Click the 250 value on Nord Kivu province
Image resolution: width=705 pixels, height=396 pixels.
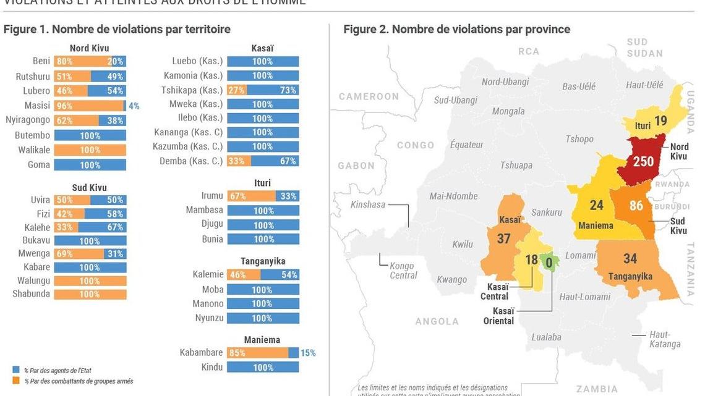point(643,162)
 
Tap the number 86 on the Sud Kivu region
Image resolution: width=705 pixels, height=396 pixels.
point(636,205)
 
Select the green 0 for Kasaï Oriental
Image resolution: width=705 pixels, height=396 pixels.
point(549,262)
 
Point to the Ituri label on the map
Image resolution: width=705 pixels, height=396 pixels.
point(643,126)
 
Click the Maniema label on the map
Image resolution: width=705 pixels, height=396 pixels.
point(596,225)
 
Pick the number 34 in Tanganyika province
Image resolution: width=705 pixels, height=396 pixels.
point(630,258)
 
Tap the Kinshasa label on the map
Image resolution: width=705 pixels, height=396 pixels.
point(367,205)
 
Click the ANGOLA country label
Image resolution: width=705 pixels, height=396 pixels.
point(437,321)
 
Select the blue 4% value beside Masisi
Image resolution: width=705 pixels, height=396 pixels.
point(134,106)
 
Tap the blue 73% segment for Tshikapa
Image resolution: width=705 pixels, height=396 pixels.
point(271,90)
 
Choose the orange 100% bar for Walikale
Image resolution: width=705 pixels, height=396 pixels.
point(90,150)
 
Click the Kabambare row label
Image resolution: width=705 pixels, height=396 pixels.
point(201,353)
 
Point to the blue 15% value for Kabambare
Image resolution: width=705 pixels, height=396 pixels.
point(308,353)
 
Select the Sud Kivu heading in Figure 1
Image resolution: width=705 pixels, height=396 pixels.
point(89,188)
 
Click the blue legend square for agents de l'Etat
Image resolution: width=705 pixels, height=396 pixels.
point(16,370)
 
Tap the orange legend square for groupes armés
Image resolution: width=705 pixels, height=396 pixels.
point(16,381)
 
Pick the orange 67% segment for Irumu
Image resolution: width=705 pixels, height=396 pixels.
point(250,196)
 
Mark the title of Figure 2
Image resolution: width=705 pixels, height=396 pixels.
point(456,29)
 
